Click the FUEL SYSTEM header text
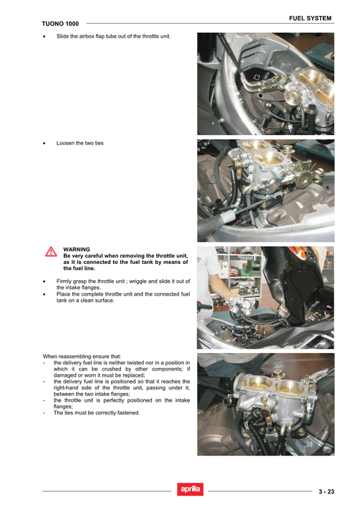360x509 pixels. [309, 18]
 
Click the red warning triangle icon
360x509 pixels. [51, 252]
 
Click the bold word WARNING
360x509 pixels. [76, 249]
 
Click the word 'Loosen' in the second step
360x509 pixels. [66, 143]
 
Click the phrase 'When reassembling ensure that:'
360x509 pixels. [82, 356]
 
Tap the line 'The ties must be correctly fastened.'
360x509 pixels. [97, 412]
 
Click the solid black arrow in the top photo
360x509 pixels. [261, 97]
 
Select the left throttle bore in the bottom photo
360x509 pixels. [255, 385]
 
